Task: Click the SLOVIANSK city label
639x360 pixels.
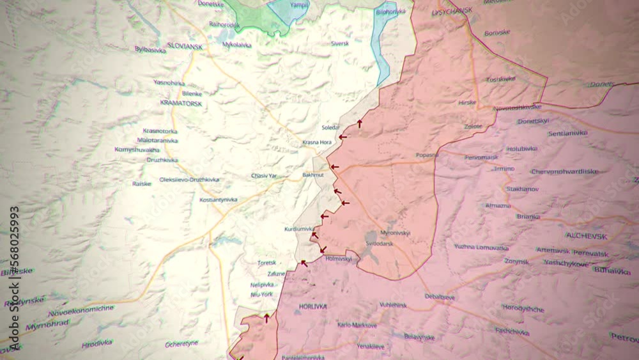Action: tap(185, 45)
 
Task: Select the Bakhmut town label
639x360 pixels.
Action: tap(313, 175)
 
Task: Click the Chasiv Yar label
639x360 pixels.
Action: tap(264, 175)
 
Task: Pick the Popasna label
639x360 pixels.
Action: tap(427, 155)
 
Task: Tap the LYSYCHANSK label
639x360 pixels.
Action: tap(452, 12)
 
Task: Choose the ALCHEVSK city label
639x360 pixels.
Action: tap(587, 236)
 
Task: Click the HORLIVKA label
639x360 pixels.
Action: tap(312, 307)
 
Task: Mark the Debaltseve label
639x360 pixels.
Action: tap(440, 297)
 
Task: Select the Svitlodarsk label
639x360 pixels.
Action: tap(380, 244)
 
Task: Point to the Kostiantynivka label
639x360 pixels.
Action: tap(218, 200)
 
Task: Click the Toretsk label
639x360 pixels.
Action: tap(266, 263)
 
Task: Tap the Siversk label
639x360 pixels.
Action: tap(340, 43)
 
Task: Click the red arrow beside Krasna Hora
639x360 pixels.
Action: tap(343, 136)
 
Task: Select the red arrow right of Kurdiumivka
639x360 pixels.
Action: tap(324, 216)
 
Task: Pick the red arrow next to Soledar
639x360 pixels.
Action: tap(360, 123)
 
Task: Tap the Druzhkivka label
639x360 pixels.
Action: tap(162, 160)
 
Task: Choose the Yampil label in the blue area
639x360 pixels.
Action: tap(299, 4)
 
